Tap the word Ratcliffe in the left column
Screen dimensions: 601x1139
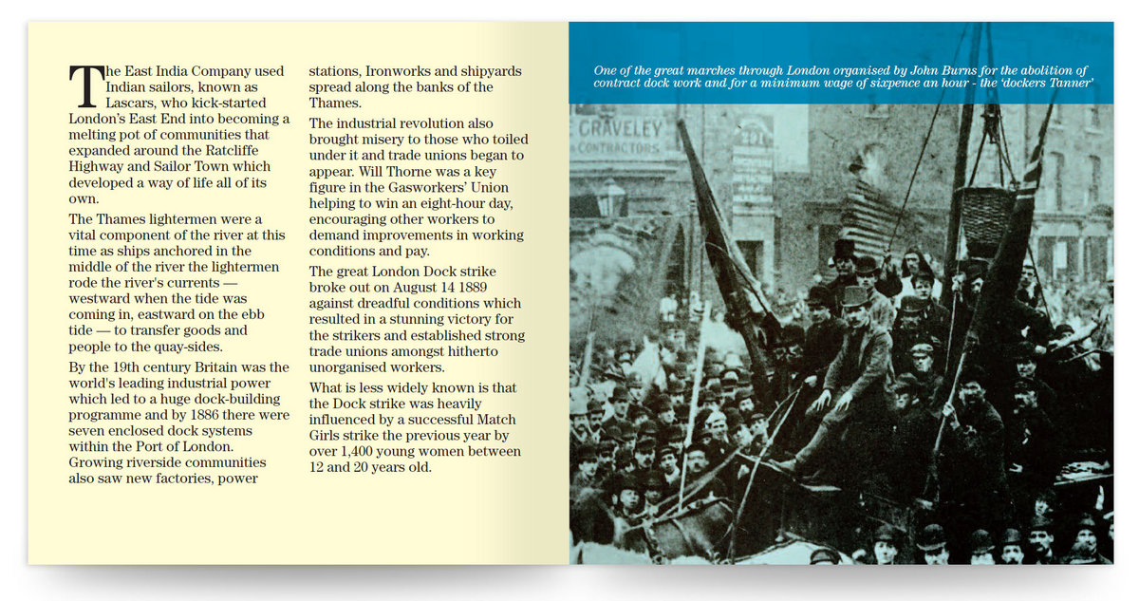pos(250,150)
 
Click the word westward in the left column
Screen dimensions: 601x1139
pos(103,299)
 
